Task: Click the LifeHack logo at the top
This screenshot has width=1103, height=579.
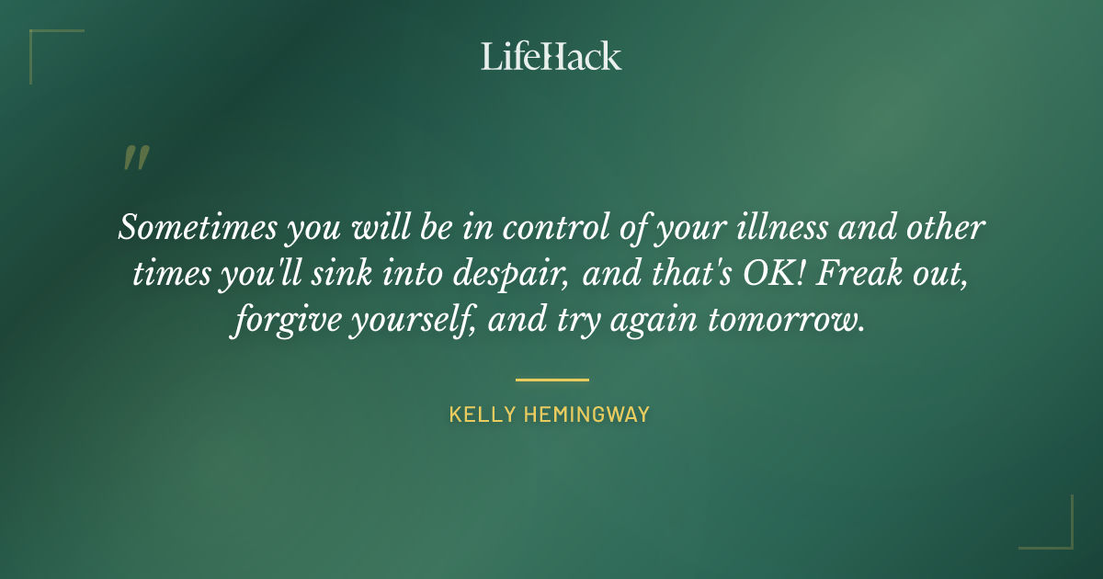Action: tap(551, 56)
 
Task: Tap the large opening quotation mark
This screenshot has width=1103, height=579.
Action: tap(135, 159)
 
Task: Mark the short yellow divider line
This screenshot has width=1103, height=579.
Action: tap(551, 379)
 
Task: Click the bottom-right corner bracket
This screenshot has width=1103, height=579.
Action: tap(1057, 534)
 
